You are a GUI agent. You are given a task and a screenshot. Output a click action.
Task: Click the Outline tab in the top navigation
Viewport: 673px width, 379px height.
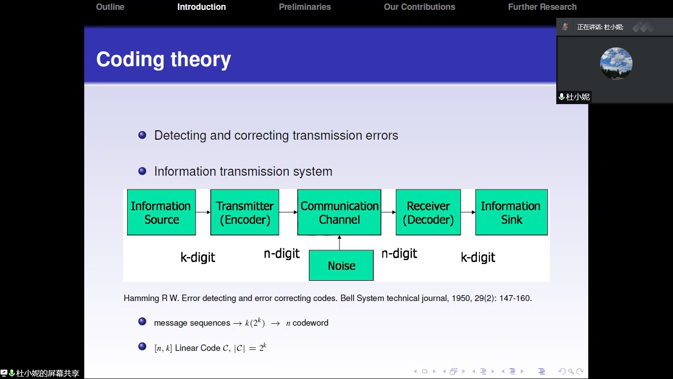coord(110,7)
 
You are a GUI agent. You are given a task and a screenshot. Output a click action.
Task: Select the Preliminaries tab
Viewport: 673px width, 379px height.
coord(304,7)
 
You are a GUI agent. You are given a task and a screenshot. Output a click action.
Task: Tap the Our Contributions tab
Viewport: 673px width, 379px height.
coord(419,7)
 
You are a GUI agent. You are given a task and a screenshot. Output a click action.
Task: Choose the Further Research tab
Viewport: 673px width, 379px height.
coord(542,7)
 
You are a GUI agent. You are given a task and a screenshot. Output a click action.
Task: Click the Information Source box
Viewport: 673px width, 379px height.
coord(161,212)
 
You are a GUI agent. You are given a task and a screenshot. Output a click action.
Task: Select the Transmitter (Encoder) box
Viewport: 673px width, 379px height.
coord(244,212)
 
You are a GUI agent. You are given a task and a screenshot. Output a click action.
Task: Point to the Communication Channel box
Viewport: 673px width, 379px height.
coord(339,212)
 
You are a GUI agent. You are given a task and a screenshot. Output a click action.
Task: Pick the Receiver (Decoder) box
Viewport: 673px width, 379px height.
coord(428,212)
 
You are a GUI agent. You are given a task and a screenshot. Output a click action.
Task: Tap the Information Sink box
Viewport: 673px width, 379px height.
coord(511,212)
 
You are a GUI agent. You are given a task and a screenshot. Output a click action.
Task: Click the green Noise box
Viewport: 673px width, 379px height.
coord(341,265)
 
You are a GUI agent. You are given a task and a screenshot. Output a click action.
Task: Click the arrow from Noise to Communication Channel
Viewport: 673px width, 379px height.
coord(339,243)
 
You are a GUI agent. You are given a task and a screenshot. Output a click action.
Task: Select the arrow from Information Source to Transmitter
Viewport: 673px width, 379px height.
coord(203,212)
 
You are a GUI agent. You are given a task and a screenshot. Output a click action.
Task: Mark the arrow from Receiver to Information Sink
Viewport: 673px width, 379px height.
coord(468,212)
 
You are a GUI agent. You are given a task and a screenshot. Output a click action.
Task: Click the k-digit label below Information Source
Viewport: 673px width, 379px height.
coord(198,258)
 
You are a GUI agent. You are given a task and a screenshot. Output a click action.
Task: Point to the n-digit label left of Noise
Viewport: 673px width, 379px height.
coord(281,254)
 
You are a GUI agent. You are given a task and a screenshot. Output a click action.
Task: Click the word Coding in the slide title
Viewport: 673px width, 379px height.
coord(130,60)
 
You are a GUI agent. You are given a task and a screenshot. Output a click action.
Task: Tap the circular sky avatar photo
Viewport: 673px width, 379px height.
coord(616,64)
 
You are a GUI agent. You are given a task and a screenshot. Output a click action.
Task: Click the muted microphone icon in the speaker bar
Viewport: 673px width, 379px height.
coord(565,27)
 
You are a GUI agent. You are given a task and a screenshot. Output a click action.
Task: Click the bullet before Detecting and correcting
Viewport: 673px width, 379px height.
coord(142,135)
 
